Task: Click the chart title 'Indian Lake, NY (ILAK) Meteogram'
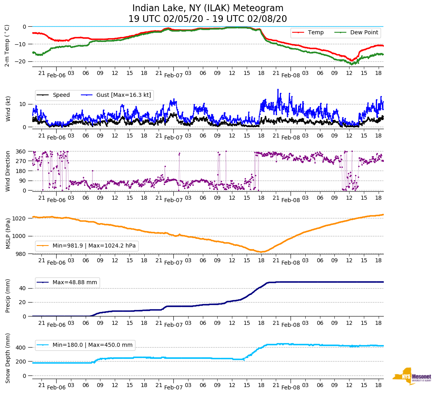[x=208, y=8]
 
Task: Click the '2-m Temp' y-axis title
[x=7, y=45]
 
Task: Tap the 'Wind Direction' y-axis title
[x=8, y=171]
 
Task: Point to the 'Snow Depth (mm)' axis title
[x=8, y=358]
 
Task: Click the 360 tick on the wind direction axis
[x=22, y=151]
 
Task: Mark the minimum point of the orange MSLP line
[x=261, y=252]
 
